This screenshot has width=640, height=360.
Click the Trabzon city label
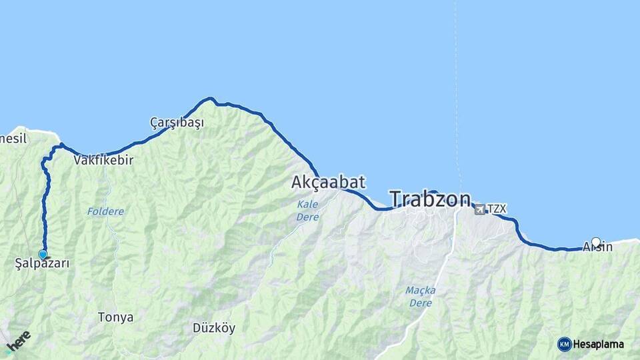(430, 199)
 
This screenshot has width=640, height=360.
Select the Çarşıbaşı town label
(177, 123)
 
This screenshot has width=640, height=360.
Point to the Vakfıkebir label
(104, 161)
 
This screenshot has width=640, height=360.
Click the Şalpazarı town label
(42, 264)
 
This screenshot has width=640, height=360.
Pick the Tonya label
(115, 317)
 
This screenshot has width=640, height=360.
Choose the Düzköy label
(213, 328)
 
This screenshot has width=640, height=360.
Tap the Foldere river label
(105, 211)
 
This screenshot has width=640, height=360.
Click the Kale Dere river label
(307, 211)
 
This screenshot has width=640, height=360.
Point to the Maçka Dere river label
(420, 297)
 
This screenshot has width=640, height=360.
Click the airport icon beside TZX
(480, 209)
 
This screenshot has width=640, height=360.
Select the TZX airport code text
(497, 209)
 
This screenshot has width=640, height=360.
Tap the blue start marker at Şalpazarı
(43, 254)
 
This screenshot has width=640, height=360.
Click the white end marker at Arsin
(596, 242)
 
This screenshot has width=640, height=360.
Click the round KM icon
(565, 344)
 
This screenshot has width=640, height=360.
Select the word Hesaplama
(599, 345)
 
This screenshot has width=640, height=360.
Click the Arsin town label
(597, 247)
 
